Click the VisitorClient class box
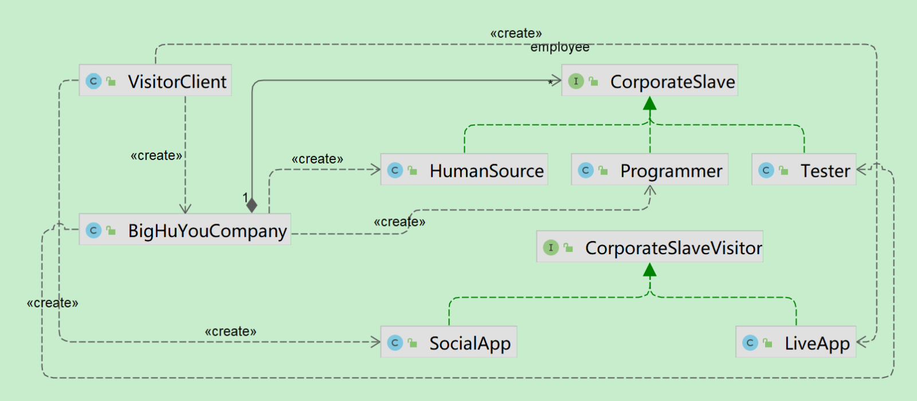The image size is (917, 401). click(x=155, y=81)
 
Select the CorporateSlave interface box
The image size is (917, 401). click(x=649, y=81)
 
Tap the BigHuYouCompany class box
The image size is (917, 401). click(x=185, y=230)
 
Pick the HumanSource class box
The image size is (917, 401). click(x=464, y=170)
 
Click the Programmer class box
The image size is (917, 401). click(x=649, y=170)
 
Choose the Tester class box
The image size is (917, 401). click(x=804, y=170)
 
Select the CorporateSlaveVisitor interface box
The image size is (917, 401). click(x=649, y=247)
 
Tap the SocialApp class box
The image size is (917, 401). click(x=449, y=342)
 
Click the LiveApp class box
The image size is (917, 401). click(x=795, y=342)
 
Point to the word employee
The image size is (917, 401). click(x=560, y=48)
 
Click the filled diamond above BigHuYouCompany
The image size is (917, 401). click(x=252, y=205)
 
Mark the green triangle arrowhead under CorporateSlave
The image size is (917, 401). click(x=649, y=103)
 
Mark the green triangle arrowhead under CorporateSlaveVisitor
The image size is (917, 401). click(x=649, y=270)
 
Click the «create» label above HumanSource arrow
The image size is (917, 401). click(x=318, y=159)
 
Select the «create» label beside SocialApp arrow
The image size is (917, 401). click(x=230, y=332)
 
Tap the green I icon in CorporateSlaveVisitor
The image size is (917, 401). click(x=551, y=247)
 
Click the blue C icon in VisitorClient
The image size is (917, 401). click(x=93, y=81)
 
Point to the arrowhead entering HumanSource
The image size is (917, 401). click(x=376, y=169)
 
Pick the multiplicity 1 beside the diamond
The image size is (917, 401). click(x=245, y=197)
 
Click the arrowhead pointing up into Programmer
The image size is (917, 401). click(x=649, y=189)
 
